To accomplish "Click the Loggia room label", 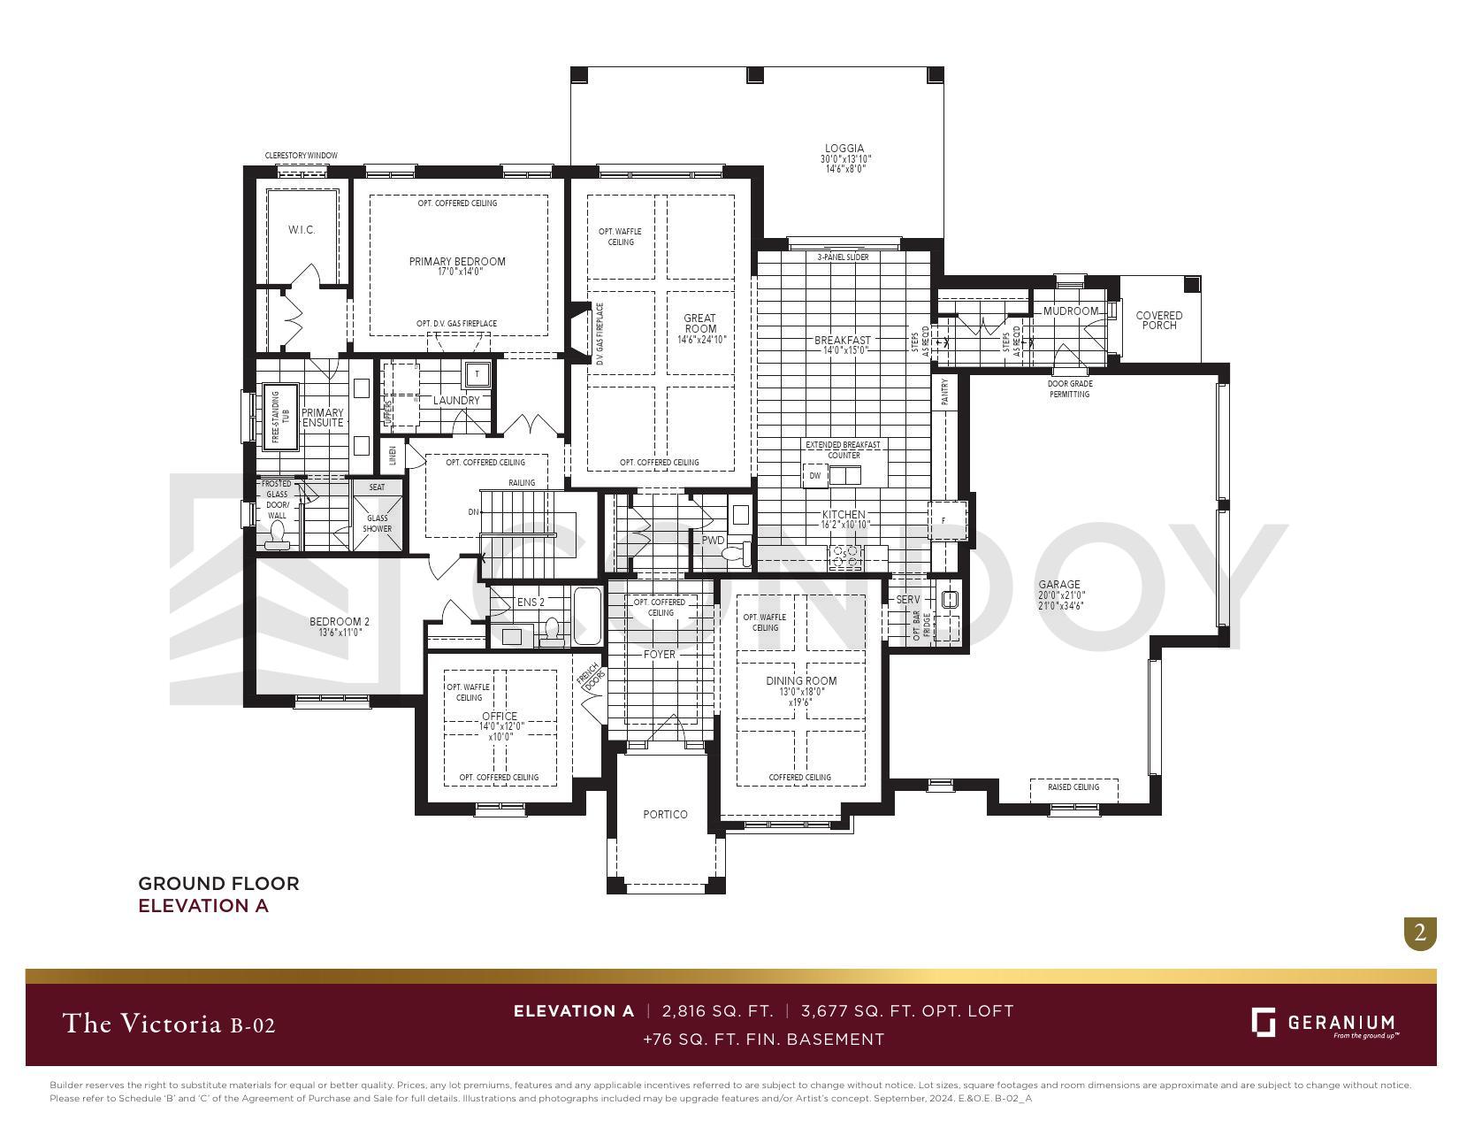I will (x=844, y=149).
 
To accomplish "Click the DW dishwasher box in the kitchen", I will (x=814, y=476).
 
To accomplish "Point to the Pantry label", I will (x=944, y=391).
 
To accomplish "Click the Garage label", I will (x=1059, y=585).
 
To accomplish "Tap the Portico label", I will (x=665, y=815).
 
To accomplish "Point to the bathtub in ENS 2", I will (x=587, y=617).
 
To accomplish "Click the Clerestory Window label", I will (x=301, y=156).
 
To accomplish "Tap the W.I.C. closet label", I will (x=302, y=230).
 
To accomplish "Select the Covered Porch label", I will (x=1158, y=320).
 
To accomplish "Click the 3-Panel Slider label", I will (x=842, y=257).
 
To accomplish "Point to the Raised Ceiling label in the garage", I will (x=1073, y=787).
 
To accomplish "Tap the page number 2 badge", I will (x=1420, y=933).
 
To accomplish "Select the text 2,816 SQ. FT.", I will (x=716, y=1011).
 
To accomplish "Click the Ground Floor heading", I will (x=218, y=884).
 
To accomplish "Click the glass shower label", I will (x=378, y=524).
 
